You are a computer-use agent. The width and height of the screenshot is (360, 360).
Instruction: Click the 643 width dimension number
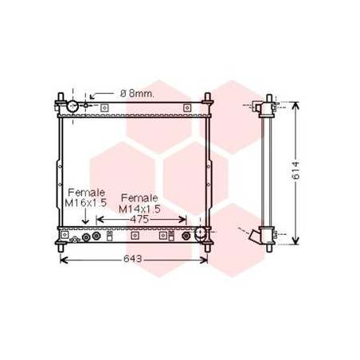tap(132, 259)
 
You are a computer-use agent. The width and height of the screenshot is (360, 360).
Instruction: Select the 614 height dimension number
tap(295, 170)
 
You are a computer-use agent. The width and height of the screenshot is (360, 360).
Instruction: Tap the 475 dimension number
tap(139, 220)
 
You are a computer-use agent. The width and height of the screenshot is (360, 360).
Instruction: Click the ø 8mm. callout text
tap(137, 93)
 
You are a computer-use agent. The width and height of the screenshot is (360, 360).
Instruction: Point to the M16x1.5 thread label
tap(85, 203)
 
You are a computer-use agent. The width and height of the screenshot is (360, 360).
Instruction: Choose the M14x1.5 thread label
tap(139, 209)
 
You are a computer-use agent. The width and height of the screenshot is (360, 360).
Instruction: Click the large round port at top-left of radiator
tap(72, 106)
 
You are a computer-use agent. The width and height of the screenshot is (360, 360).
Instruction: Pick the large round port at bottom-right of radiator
tap(200, 233)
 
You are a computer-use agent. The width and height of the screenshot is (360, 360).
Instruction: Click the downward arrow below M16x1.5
tap(85, 217)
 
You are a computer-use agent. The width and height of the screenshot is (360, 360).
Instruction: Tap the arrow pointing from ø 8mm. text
tap(102, 95)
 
